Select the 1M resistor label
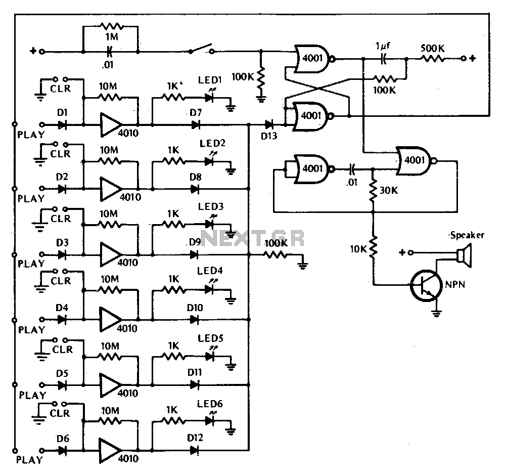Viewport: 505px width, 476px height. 112,37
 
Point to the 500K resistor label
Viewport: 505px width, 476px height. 432,49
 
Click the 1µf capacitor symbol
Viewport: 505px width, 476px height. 383,59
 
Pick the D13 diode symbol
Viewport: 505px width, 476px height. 269,124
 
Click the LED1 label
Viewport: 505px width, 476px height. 210,80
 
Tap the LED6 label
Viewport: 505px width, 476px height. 210,404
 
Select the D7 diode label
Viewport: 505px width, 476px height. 196,112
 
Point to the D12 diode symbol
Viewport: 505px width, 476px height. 194,450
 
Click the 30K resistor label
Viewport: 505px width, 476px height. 388,191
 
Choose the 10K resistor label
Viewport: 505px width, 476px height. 358,249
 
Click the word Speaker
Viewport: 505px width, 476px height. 467,235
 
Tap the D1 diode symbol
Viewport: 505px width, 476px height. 62,124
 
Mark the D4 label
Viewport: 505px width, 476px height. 62,308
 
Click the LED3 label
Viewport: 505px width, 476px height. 211,206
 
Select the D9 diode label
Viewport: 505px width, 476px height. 195,242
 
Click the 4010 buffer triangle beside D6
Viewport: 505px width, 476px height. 110,451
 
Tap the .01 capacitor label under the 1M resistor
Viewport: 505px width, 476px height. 108,65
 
